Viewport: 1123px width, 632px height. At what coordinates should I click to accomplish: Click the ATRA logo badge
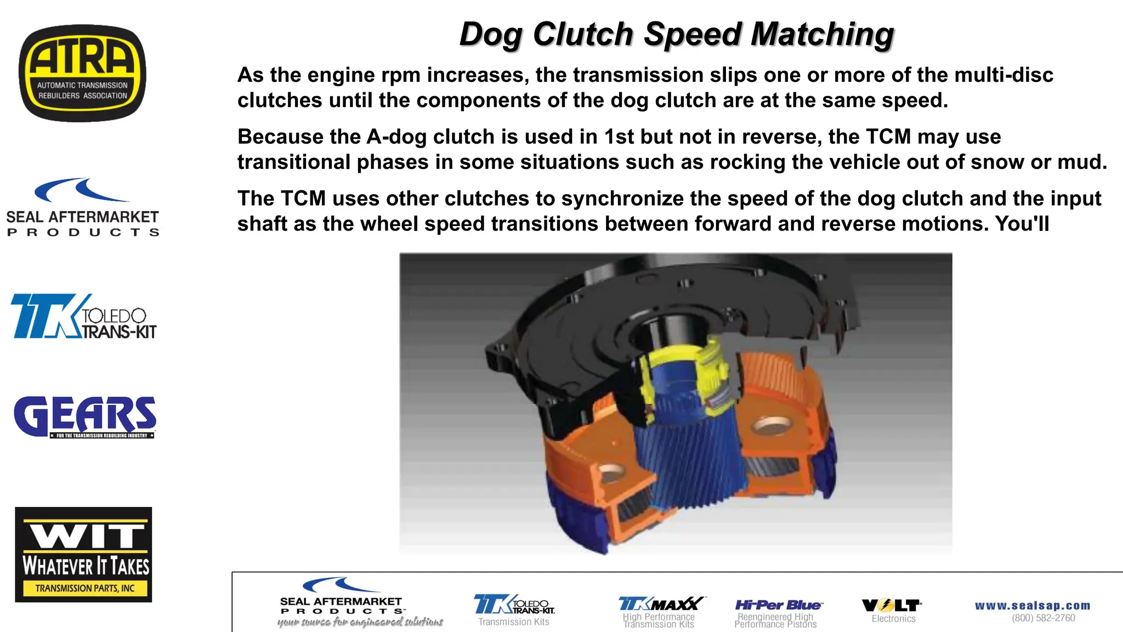point(82,73)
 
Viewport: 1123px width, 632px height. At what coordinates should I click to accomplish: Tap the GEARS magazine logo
point(85,417)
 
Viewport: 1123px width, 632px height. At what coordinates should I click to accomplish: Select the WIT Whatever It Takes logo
point(83,554)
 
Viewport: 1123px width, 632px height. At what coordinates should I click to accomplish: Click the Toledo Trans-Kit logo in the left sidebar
point(83,317)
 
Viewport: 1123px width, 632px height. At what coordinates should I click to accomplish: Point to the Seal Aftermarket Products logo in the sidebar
point(82,208)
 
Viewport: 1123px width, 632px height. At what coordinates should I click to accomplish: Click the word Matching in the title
point(822,34)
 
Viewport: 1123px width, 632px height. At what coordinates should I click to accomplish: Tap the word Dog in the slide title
point(490,34)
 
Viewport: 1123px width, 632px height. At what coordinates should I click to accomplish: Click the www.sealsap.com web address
point(1032,606)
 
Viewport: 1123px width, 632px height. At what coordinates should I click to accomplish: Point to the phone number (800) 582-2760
point(1043,618)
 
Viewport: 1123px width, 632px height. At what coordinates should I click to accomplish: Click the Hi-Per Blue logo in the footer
point(778,605)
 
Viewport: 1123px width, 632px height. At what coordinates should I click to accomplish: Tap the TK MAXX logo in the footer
point(661,604)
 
